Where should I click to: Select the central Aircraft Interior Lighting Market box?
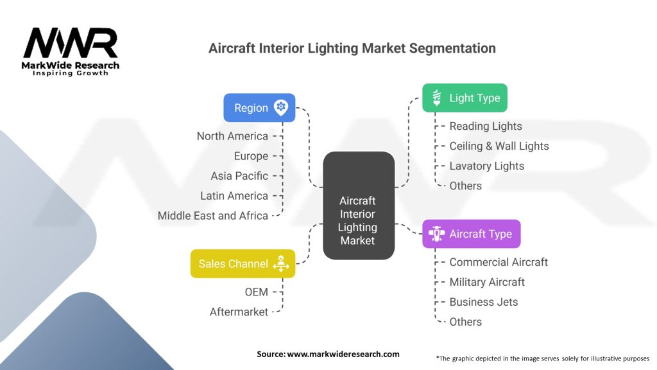[x=358, y=206]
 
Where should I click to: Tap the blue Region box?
[x=259, y=108]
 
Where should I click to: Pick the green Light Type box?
[x=465, y=98]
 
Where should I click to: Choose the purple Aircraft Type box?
[x=471, y=234]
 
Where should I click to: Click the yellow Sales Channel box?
[x=243, y=263]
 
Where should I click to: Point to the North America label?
[x=232, y=136]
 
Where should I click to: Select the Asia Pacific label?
[x=239, y=175]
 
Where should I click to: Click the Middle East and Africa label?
[x=213, y=215]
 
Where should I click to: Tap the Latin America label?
[x=234, y=195]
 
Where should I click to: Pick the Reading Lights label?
[x=486, y=126]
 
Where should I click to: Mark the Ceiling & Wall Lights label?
[x=499, y=146]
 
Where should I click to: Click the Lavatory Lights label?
[x=486, y=166]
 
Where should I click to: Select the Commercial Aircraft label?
[x=499, y=262]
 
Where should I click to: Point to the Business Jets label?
[x=483, y=302]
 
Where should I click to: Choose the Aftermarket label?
[x=239, y=312]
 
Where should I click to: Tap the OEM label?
[x=256, y=292]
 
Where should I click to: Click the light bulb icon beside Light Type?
[x=437, y=98]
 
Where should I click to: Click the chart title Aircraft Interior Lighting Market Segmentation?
[x=352, y=48]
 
